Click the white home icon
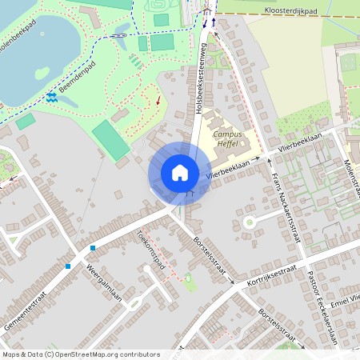(x=179, y=173)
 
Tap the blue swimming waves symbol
(x=52, y=97)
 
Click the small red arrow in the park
(x=158, y=101)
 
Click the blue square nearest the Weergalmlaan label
(x=68, y=266)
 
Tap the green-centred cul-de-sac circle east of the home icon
(x=250, y=220)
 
